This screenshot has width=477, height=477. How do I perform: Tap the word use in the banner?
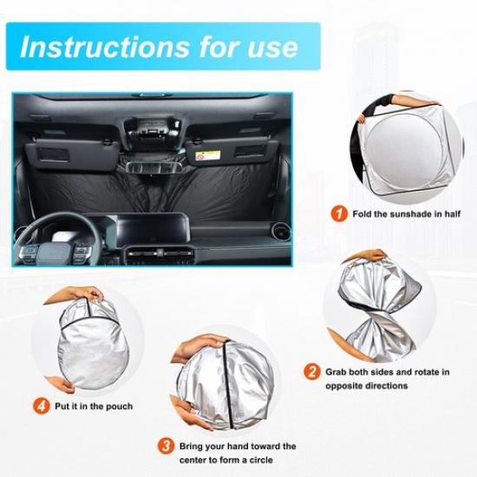click(272, 49)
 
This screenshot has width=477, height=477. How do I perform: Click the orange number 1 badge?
click(339, 214)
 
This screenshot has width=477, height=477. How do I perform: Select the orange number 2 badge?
click(312, 372)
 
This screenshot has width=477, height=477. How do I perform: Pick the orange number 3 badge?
click(167, 447)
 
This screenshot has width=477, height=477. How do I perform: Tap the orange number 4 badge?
click(42, 406)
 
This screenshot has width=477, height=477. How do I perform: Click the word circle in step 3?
click(261, 460)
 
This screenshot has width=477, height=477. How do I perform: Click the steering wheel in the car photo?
click(58, 238)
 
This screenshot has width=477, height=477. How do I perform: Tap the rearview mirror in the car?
click(154, 167)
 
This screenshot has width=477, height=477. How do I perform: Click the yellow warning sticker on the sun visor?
click(208, 155)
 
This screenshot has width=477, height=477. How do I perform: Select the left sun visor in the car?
click(71, 154)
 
